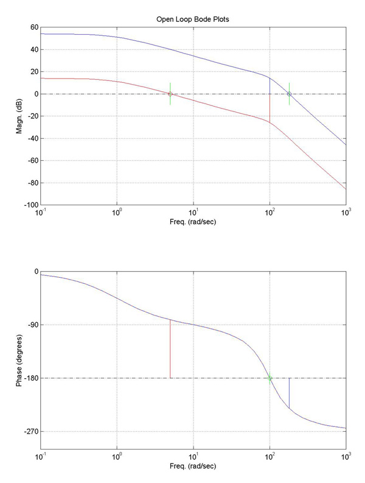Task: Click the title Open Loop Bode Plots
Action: (x=193, y=19)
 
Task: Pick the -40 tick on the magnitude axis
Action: (x=31, y=138)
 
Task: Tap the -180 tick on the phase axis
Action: (x=30, y=378)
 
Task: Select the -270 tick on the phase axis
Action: (x=30, y=432)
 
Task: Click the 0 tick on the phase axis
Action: (x=36, y=272)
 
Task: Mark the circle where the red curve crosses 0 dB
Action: (x=170, y=94)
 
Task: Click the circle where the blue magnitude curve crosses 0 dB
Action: (x=289, y=94)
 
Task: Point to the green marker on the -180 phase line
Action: (x=269, y=378)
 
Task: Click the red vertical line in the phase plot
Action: (x=170, y=350)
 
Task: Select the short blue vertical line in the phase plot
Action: (x=289, y=393)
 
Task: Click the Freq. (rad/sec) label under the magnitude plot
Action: (x=193, y=222)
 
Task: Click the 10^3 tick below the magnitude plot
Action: (x=346, y=213)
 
